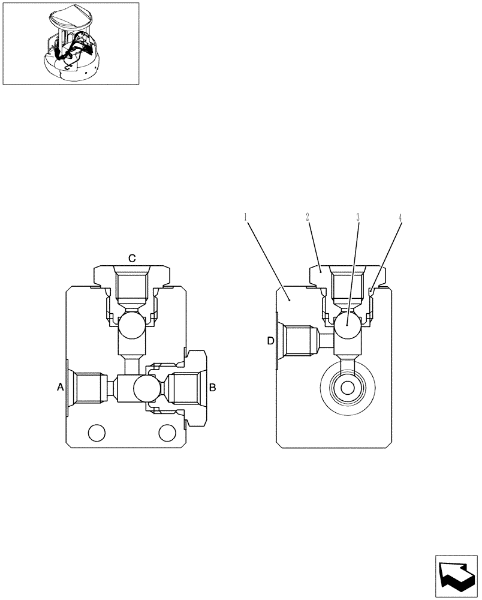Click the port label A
[60, 388]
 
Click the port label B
[212, 388]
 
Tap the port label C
[132, 258]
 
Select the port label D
[270, 341]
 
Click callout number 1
[246, 217]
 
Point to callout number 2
[308, 217]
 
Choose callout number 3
[358, 217]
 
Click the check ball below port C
[131, 328]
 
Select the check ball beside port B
[146, 388]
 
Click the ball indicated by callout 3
[347, 328]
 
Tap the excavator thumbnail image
[71, 43]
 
